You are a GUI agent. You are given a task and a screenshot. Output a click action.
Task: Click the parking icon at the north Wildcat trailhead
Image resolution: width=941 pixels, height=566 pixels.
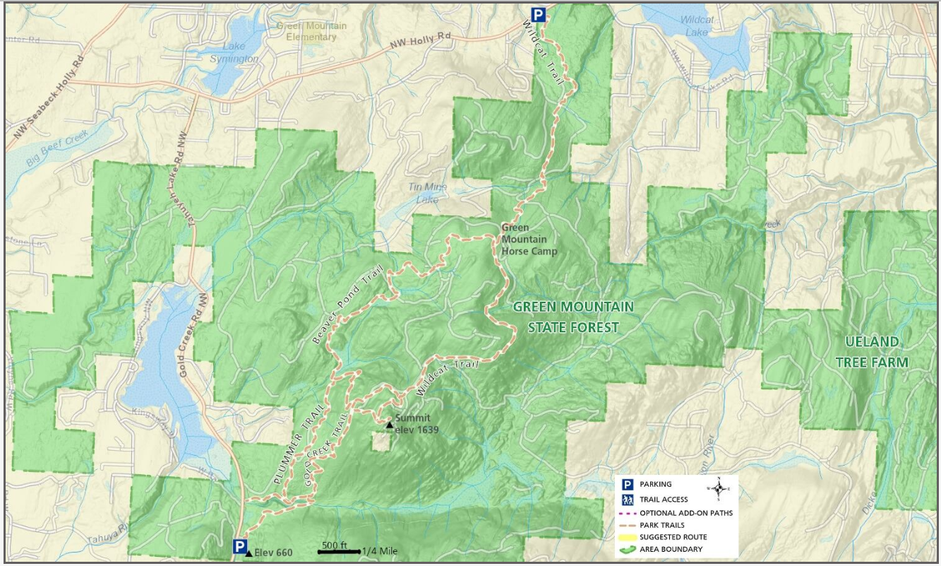[539, 15]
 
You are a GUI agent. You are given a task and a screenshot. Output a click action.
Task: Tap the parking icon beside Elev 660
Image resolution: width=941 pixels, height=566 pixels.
[240, 546]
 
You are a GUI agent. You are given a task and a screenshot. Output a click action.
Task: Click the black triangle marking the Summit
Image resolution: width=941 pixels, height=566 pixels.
[389, 425]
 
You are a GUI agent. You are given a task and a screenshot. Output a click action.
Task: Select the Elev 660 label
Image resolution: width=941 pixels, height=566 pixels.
[272, 553]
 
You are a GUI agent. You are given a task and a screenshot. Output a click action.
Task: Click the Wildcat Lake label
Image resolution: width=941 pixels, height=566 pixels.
[695, 26]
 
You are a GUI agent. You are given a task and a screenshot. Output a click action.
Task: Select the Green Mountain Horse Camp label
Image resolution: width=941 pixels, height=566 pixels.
[529, 240]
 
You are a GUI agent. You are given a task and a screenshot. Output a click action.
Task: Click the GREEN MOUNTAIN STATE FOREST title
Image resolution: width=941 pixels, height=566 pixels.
[573, 317]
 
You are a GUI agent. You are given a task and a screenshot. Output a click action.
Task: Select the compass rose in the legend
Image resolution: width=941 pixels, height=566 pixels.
[719, 488]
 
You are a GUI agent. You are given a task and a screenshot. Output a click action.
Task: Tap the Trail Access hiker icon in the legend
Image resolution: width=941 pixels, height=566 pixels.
[626, 500]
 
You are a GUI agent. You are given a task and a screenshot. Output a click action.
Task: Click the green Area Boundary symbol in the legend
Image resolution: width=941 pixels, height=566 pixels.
[626, 549]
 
